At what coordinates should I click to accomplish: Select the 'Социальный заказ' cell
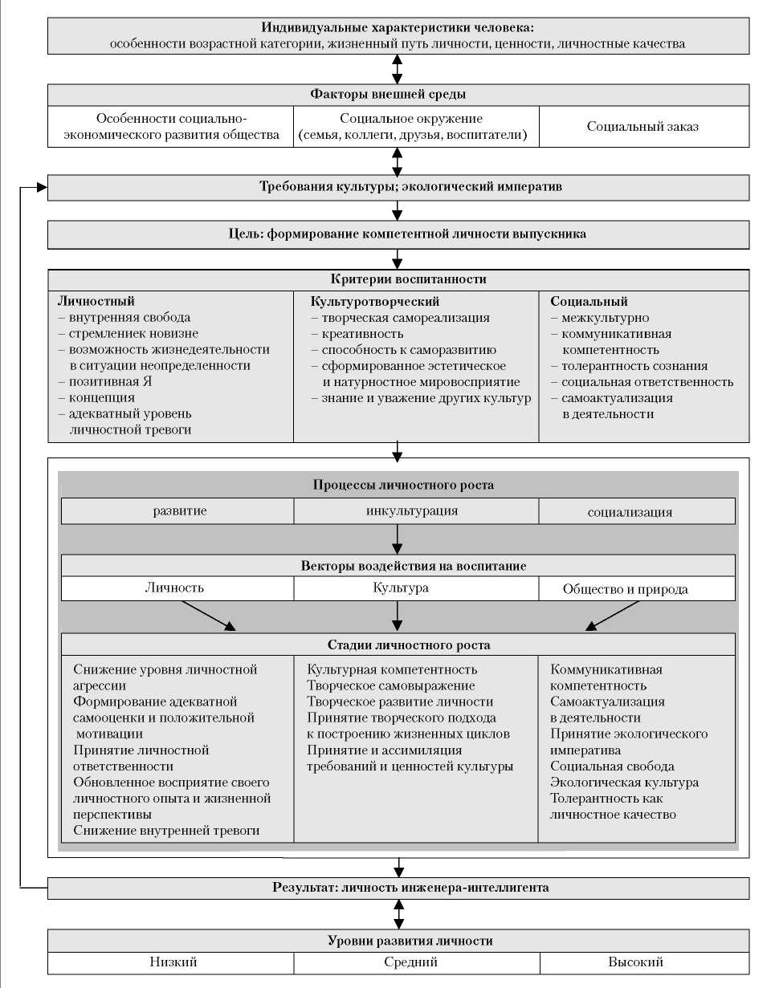642,127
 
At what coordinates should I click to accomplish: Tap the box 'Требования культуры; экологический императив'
398,187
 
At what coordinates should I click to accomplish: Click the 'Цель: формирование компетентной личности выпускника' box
398,234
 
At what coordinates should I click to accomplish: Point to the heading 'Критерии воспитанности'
398,279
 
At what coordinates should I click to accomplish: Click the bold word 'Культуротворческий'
375,302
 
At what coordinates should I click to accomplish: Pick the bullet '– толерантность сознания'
629,366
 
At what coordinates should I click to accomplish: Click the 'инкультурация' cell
416,511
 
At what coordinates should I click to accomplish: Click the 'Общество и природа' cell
636,589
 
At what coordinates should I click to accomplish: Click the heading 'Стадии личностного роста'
398,644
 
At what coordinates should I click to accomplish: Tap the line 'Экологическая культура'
624,783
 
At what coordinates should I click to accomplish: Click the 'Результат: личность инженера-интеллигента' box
398,888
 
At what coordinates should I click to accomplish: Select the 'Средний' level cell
415,962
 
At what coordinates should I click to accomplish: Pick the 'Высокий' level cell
636,962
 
